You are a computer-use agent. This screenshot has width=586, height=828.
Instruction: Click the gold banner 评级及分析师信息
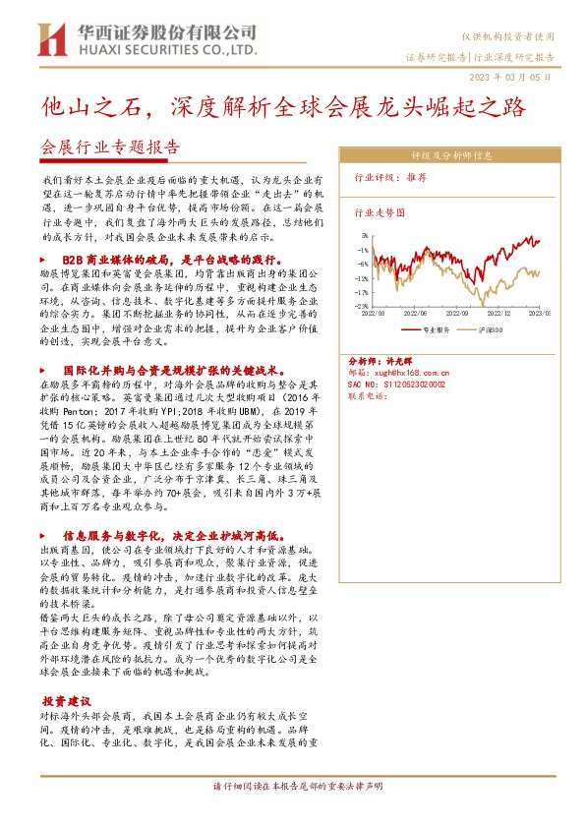coord(451,155)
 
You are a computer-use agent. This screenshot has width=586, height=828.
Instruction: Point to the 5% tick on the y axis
coord(364,236)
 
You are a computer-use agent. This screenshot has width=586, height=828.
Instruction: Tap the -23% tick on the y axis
coord(362,306)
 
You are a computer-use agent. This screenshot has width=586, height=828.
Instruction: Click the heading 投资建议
coord(65,701)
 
